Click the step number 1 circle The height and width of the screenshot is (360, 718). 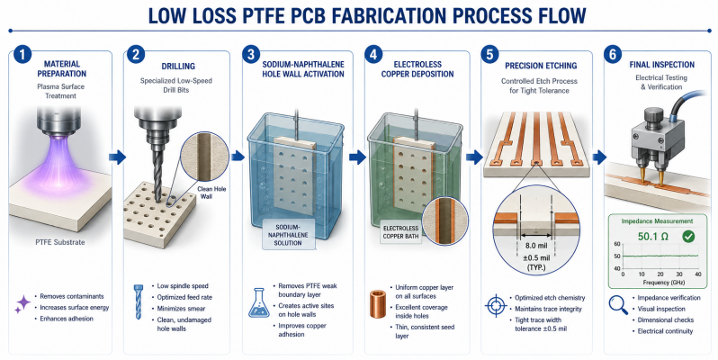click(22, 55)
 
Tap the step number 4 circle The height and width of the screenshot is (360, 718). click(373, 55)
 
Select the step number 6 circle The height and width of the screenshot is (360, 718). click(612, 55)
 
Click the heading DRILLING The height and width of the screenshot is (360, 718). click(178, 67)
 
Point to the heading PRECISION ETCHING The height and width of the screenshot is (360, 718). click(541, 66)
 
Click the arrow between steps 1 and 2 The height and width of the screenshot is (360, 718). click(117, 157)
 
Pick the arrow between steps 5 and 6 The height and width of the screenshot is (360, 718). click(599, 157)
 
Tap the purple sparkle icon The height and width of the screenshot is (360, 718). click(22, 304)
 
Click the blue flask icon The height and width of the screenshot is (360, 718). click(259, 302)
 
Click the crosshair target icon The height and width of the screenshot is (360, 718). click(496, 306)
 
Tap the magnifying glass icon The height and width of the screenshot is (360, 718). click(618, 305)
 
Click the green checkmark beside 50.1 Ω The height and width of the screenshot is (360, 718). click(687, 237)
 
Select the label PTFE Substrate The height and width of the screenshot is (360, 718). click(60, 242)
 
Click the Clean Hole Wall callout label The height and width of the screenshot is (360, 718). click(211, 193)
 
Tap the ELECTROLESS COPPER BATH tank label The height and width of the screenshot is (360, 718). click(400, 232)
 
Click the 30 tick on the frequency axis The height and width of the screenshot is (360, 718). click(679, 274)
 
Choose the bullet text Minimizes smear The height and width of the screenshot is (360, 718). click(182, 309)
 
